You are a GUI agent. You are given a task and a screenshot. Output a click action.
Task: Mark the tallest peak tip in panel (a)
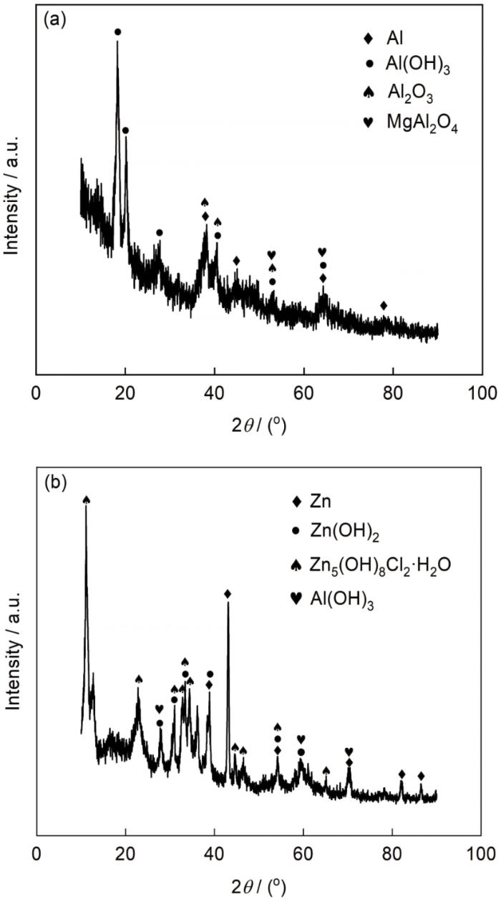(117, 41)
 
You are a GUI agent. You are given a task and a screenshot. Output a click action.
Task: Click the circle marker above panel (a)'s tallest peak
(117, 32)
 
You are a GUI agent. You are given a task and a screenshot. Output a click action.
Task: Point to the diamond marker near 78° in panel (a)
(384, 306)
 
